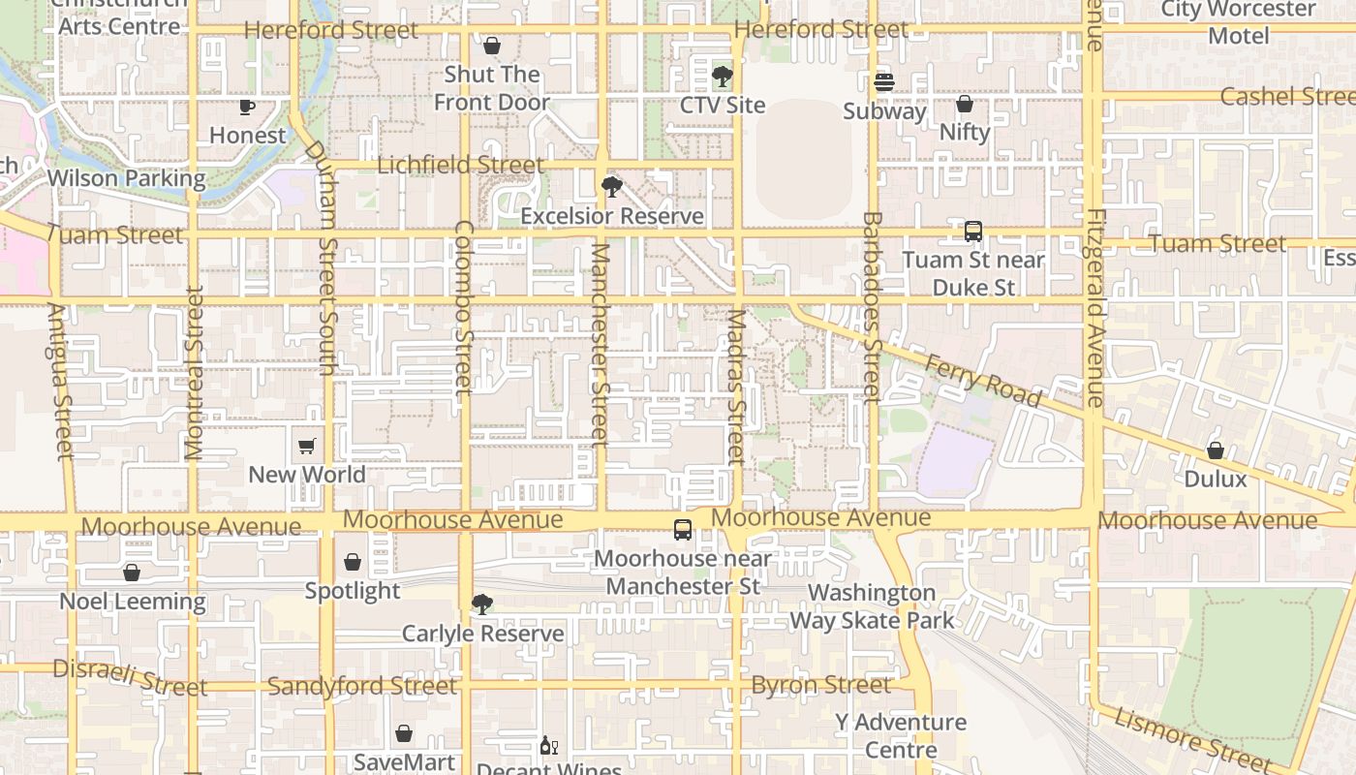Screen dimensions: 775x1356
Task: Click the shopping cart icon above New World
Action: pyautogui.click(x=307, y=447)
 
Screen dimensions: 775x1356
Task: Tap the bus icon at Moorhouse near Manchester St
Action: pyautogui.click(x=683, y=530)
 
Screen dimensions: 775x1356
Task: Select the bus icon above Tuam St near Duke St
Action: pyautogui.click(x=973, y=232)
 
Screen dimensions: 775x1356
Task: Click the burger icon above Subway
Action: pyautogui.click(x=883, y=82)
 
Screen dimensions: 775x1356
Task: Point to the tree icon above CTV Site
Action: pyautogui.click(x=722, y=76)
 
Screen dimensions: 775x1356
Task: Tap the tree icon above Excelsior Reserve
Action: pyautogui.click(x=611, y=186)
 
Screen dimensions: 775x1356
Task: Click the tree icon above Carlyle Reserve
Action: pyautogui.click(x=481, y=604)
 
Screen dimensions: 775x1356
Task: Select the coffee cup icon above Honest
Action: pyautogui.click(x=247, y=107)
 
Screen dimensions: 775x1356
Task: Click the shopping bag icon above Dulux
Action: pyautogui.click(x=1215, y=450)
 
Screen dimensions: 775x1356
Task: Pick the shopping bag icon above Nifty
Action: pyautogui.click(x=965, y=104)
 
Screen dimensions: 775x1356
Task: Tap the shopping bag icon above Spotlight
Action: pyautogui.click(x=353, y=562)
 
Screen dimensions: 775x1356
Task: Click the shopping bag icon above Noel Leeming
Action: pyautogui.click(x=132, y=573)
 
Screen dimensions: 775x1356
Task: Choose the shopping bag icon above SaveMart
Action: pyautogui.click(x=404, y=733)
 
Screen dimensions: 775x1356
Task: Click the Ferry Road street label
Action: pyautogui.click(x=983, y=381)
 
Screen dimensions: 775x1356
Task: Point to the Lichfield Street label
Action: pyautogui.click(x=460, y=165)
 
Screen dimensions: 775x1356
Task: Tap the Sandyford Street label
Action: pyautogui.click(x=361, y=686)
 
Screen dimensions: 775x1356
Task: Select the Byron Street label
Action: pyautogui.click(x=820, y=685)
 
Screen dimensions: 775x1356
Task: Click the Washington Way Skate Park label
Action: pyautogui.click(x=872, y=606)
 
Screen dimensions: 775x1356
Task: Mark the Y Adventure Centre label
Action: pyautogui.click(x=901, y=735)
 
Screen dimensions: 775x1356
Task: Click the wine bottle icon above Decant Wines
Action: pyautogui.click(x=548, y=746)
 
